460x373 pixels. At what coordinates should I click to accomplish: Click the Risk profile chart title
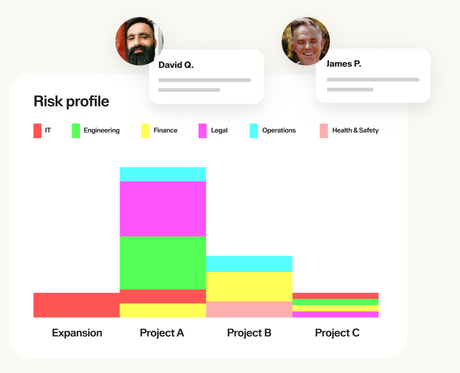[x=71, y=101]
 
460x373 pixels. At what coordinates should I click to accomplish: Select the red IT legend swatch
[x=37, y=130]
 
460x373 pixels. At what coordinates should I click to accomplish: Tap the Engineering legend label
[x=101, y=130]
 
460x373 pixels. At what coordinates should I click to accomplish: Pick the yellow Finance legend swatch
[x=145, y=130]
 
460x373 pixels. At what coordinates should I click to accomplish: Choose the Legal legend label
[x=219, y=130]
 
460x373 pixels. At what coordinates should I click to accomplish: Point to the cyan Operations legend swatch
[x=254, y=130]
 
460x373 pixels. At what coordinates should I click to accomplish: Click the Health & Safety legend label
[x=355, y=130]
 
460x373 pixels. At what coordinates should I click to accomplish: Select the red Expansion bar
[x=76, y=305]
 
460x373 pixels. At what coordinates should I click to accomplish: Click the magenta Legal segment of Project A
[x=163, y=208]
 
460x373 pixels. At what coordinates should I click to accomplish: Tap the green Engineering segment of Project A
[x=163, y=263]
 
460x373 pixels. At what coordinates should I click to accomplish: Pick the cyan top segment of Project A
[x=163, y=174]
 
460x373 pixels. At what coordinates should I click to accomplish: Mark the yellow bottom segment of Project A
[x=163, y=310]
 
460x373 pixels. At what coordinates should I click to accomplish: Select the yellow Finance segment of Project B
[x=249, y=287]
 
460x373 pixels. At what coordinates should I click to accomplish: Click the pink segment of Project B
[x=249, y=310]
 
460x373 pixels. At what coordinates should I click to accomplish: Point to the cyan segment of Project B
[x=249, y=264]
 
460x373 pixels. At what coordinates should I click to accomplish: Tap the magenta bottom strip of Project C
[x=335, y=314]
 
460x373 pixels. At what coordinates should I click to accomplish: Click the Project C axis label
[x=337, y=333]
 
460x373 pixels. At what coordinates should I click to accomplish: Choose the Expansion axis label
[x=77, y=333]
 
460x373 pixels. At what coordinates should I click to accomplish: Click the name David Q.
[x=176, y=65]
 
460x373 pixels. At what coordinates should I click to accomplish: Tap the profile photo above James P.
[x=305, y=41]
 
